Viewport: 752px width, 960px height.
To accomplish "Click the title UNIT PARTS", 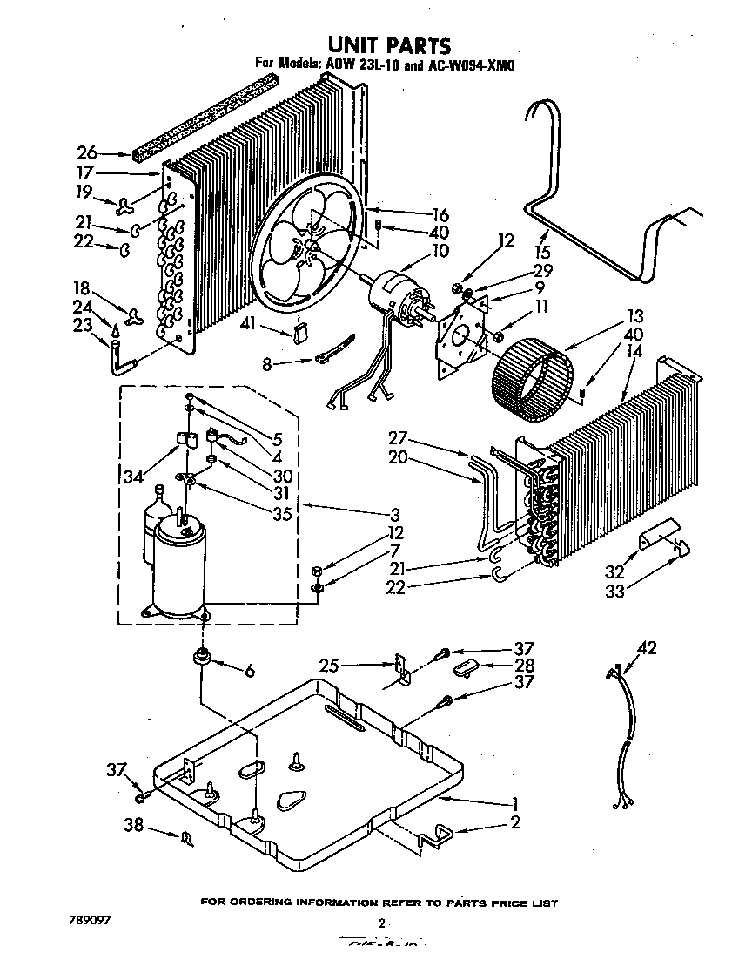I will [x=388, y=44].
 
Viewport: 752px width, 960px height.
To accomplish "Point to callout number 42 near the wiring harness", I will [x=648, y=647].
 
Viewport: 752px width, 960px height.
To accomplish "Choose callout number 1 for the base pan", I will [x=515, y=803].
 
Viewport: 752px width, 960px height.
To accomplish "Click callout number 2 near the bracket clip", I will [x=515, y=823].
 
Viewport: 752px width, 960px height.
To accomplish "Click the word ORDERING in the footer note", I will [x=269, y=903].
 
